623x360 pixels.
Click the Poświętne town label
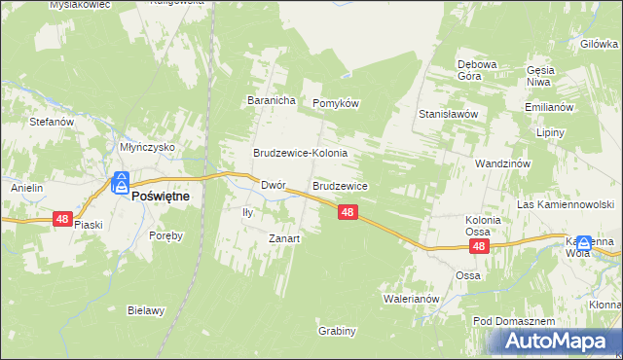(161, 195)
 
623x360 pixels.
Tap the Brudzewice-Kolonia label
(301, 154)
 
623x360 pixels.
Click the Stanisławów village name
(448, 114)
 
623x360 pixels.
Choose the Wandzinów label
(502, 163)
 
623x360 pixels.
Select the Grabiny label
(337, 331)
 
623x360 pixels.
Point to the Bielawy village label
(146, 311)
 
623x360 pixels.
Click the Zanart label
(284, 238)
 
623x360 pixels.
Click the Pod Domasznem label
(513, 321)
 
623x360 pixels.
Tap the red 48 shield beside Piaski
(63, 220)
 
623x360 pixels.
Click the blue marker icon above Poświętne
(121, 182)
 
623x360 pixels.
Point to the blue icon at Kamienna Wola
(584, 243)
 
